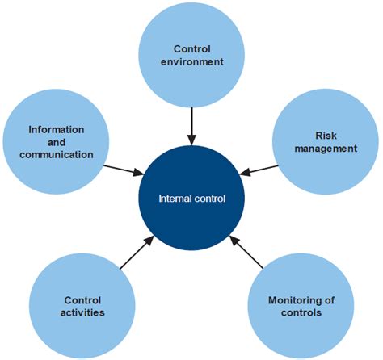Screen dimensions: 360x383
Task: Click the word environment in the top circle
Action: (x=191, y=62)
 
